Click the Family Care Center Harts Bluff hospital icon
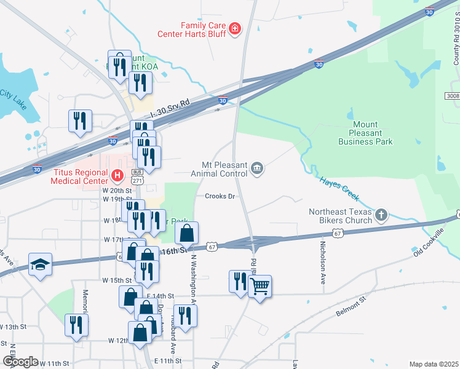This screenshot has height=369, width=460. pyautogui.click(x=234, y=28)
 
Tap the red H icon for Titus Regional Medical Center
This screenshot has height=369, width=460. pyautogui.click(x=117, y=177)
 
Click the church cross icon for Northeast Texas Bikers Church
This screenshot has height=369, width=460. pyautogui.click(x=381, y=215)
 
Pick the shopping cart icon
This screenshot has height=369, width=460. pyautogui.click(x=260, y=286)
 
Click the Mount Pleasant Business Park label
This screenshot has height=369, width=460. pyautogui.click(x=365, y=133)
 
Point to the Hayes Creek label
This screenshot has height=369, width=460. pyautogui.click(x=338, y=188)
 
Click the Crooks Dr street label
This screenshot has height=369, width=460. pyautogui.click(x=221, y=196)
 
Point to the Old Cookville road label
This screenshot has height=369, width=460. pyautogui.click(x=429, y=242)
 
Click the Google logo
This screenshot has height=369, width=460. pyautogui.click(x=21, y=362)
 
